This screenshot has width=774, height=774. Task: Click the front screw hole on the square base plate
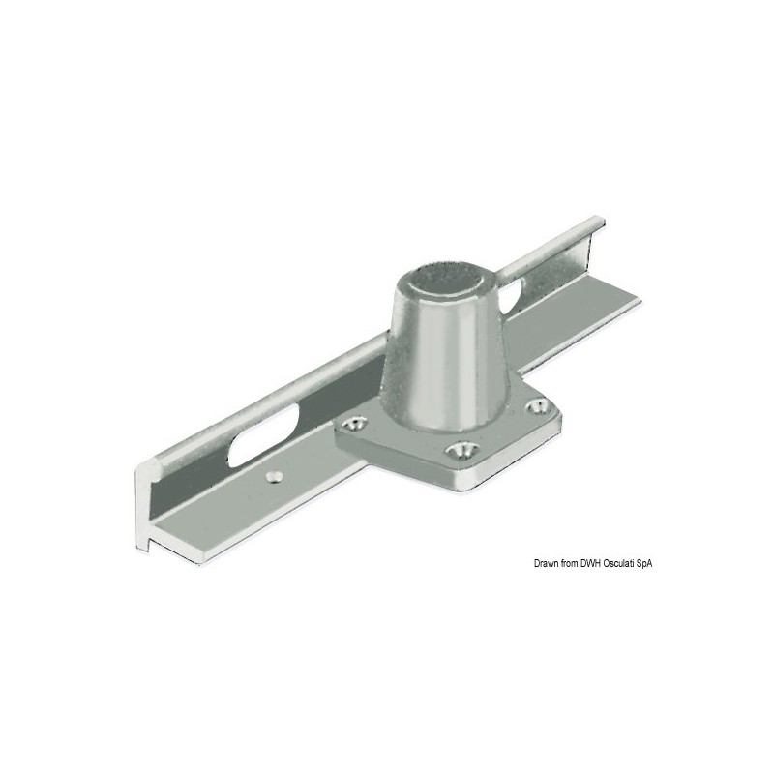tap(461, 449)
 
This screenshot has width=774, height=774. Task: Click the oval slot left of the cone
tap(261, 434)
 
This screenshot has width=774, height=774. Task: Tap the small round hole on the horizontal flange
tap(274, 476)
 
